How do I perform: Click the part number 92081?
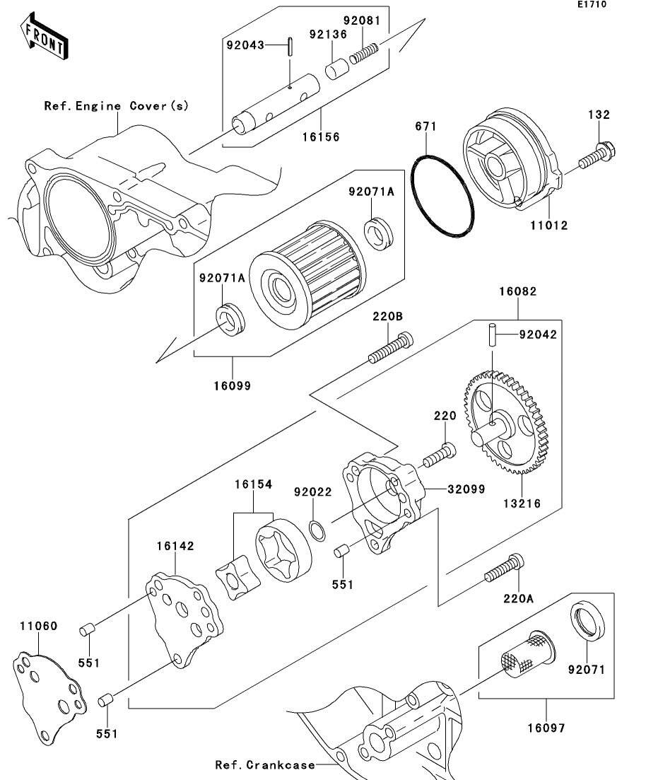[x=366, y=22]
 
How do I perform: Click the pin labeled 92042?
[x=491, y=335]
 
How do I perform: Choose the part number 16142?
[x=175, y=546]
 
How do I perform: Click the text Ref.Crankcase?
[x=265, y=765]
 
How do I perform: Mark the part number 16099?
[x=233, y=385]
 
